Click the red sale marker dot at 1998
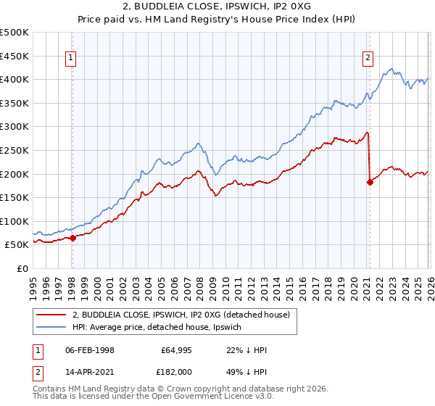(x=72, y=237)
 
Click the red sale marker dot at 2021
(x=370, y=182)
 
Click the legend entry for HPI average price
(x=161, y=328)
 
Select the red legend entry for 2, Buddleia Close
(x=181, y=315)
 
